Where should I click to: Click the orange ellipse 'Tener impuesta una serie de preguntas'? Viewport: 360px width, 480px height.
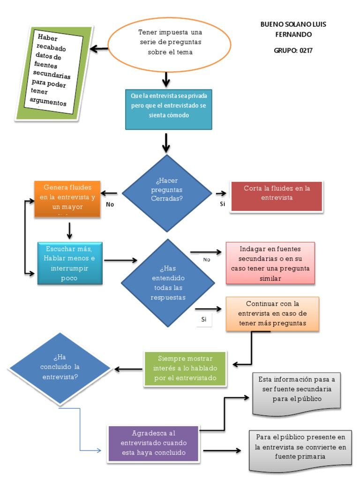pyautogui.click(x=169, y=43)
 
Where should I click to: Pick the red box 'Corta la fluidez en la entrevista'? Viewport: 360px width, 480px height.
pyautogui.click(x=276, y=196)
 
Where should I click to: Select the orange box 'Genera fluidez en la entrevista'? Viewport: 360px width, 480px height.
pyautogui.click(x=67, y=199)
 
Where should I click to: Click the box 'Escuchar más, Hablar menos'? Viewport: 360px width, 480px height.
pyautogui.click(x=69, y=262)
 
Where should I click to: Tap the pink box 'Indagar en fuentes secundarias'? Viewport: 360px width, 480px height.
pyautogui.click(x=270, y=263)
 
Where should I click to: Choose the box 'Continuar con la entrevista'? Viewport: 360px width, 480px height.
pyautogui.click(x=272, y=314)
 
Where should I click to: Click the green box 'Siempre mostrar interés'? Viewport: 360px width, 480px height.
pyautogui.click(x=185, y=368)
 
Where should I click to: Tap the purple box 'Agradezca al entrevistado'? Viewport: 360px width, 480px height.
pyautogui.click(x=153, y=443)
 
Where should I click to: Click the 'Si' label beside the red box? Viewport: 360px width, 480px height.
pyautogui.click(x=222, y=204)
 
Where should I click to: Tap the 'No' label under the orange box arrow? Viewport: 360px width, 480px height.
pyautogui.click(x=110, y=204)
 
